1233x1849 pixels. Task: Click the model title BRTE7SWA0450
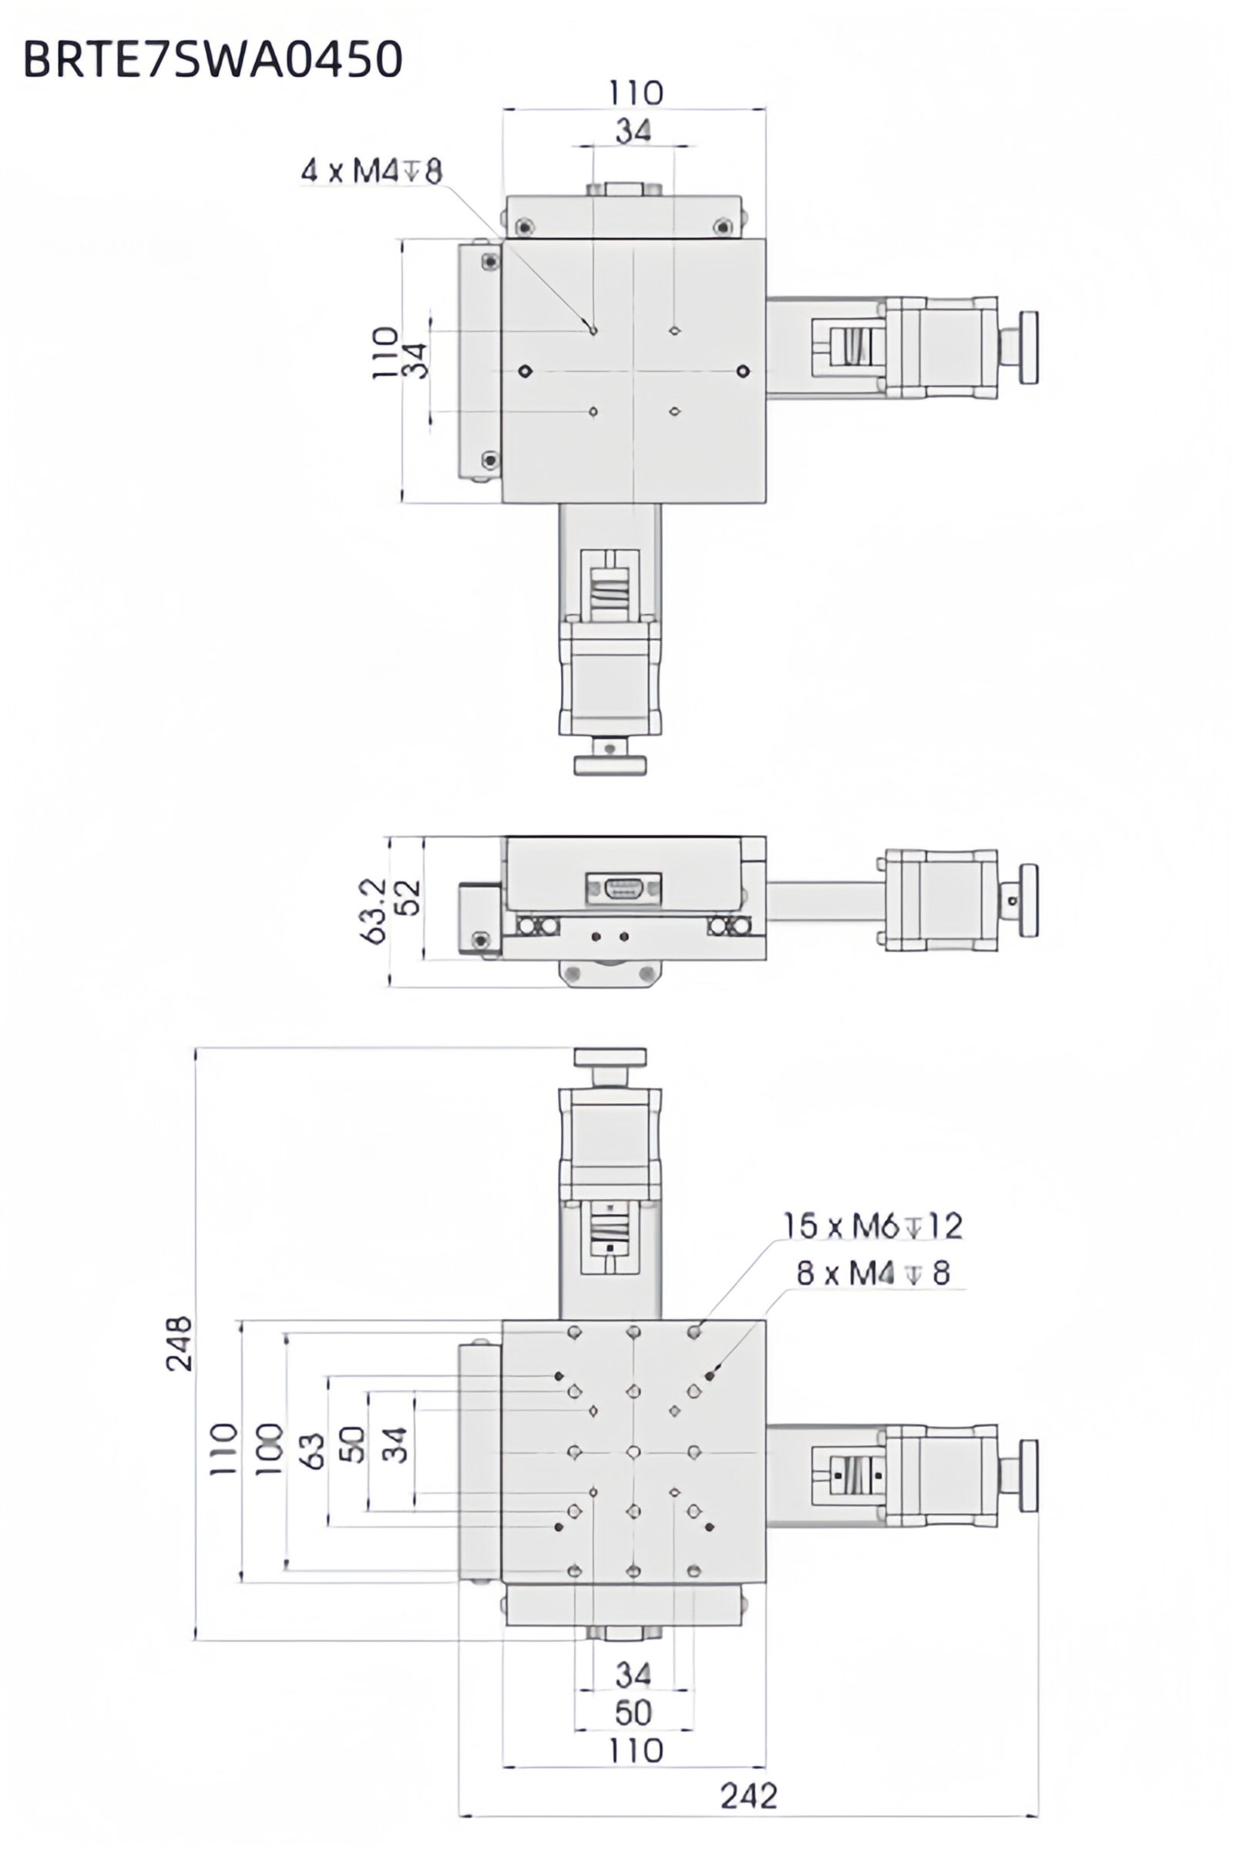coord(213,59)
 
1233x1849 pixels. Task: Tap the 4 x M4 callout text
coord(371,170)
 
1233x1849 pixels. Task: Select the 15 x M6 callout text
coord(872,1226)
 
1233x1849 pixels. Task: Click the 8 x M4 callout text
coord(873,1273)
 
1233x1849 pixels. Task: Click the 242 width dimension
coord(748,1797)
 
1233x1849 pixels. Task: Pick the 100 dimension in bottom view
coord(269,1448)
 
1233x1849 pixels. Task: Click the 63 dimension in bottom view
coord(312,1451)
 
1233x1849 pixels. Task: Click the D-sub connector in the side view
coord(623,888)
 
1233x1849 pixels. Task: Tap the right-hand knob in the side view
coord(1028,900)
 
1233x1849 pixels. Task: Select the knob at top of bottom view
coord(610,1056)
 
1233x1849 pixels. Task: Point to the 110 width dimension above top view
coord(635,93)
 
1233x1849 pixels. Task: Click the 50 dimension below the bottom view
coord(633,1712)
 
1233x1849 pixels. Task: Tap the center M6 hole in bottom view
coord(633,1451)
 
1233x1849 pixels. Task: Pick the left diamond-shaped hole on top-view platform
coord(526,371)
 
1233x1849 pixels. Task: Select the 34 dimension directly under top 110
coord(633,130)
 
